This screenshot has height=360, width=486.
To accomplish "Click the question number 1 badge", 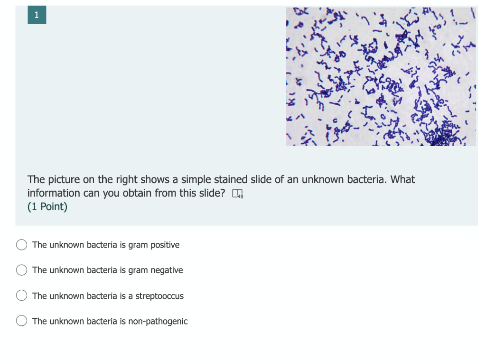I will (x=37, y=15).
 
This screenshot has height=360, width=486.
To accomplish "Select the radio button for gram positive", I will (x=21, y=245).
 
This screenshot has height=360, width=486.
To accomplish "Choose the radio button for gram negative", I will (x=21, y=270).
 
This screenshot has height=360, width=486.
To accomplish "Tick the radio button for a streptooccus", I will (x=21, y=295).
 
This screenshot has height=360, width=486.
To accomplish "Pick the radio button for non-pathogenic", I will (x=21, y=321).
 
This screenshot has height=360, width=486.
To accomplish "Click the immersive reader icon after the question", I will (x=237, y=194).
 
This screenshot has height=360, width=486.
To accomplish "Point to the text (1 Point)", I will (x=47, y=207).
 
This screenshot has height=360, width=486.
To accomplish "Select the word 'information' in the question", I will (x=54, y=194).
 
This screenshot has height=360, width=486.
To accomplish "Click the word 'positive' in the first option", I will (x=165, y=245).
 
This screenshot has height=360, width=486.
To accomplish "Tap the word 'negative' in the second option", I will (x=166, y=270).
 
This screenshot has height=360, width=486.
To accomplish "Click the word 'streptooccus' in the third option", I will (x=159, y=296).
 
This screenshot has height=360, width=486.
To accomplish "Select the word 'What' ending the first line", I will (x=402, y=180).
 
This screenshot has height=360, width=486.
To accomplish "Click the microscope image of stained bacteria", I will (x=381, y=76).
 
